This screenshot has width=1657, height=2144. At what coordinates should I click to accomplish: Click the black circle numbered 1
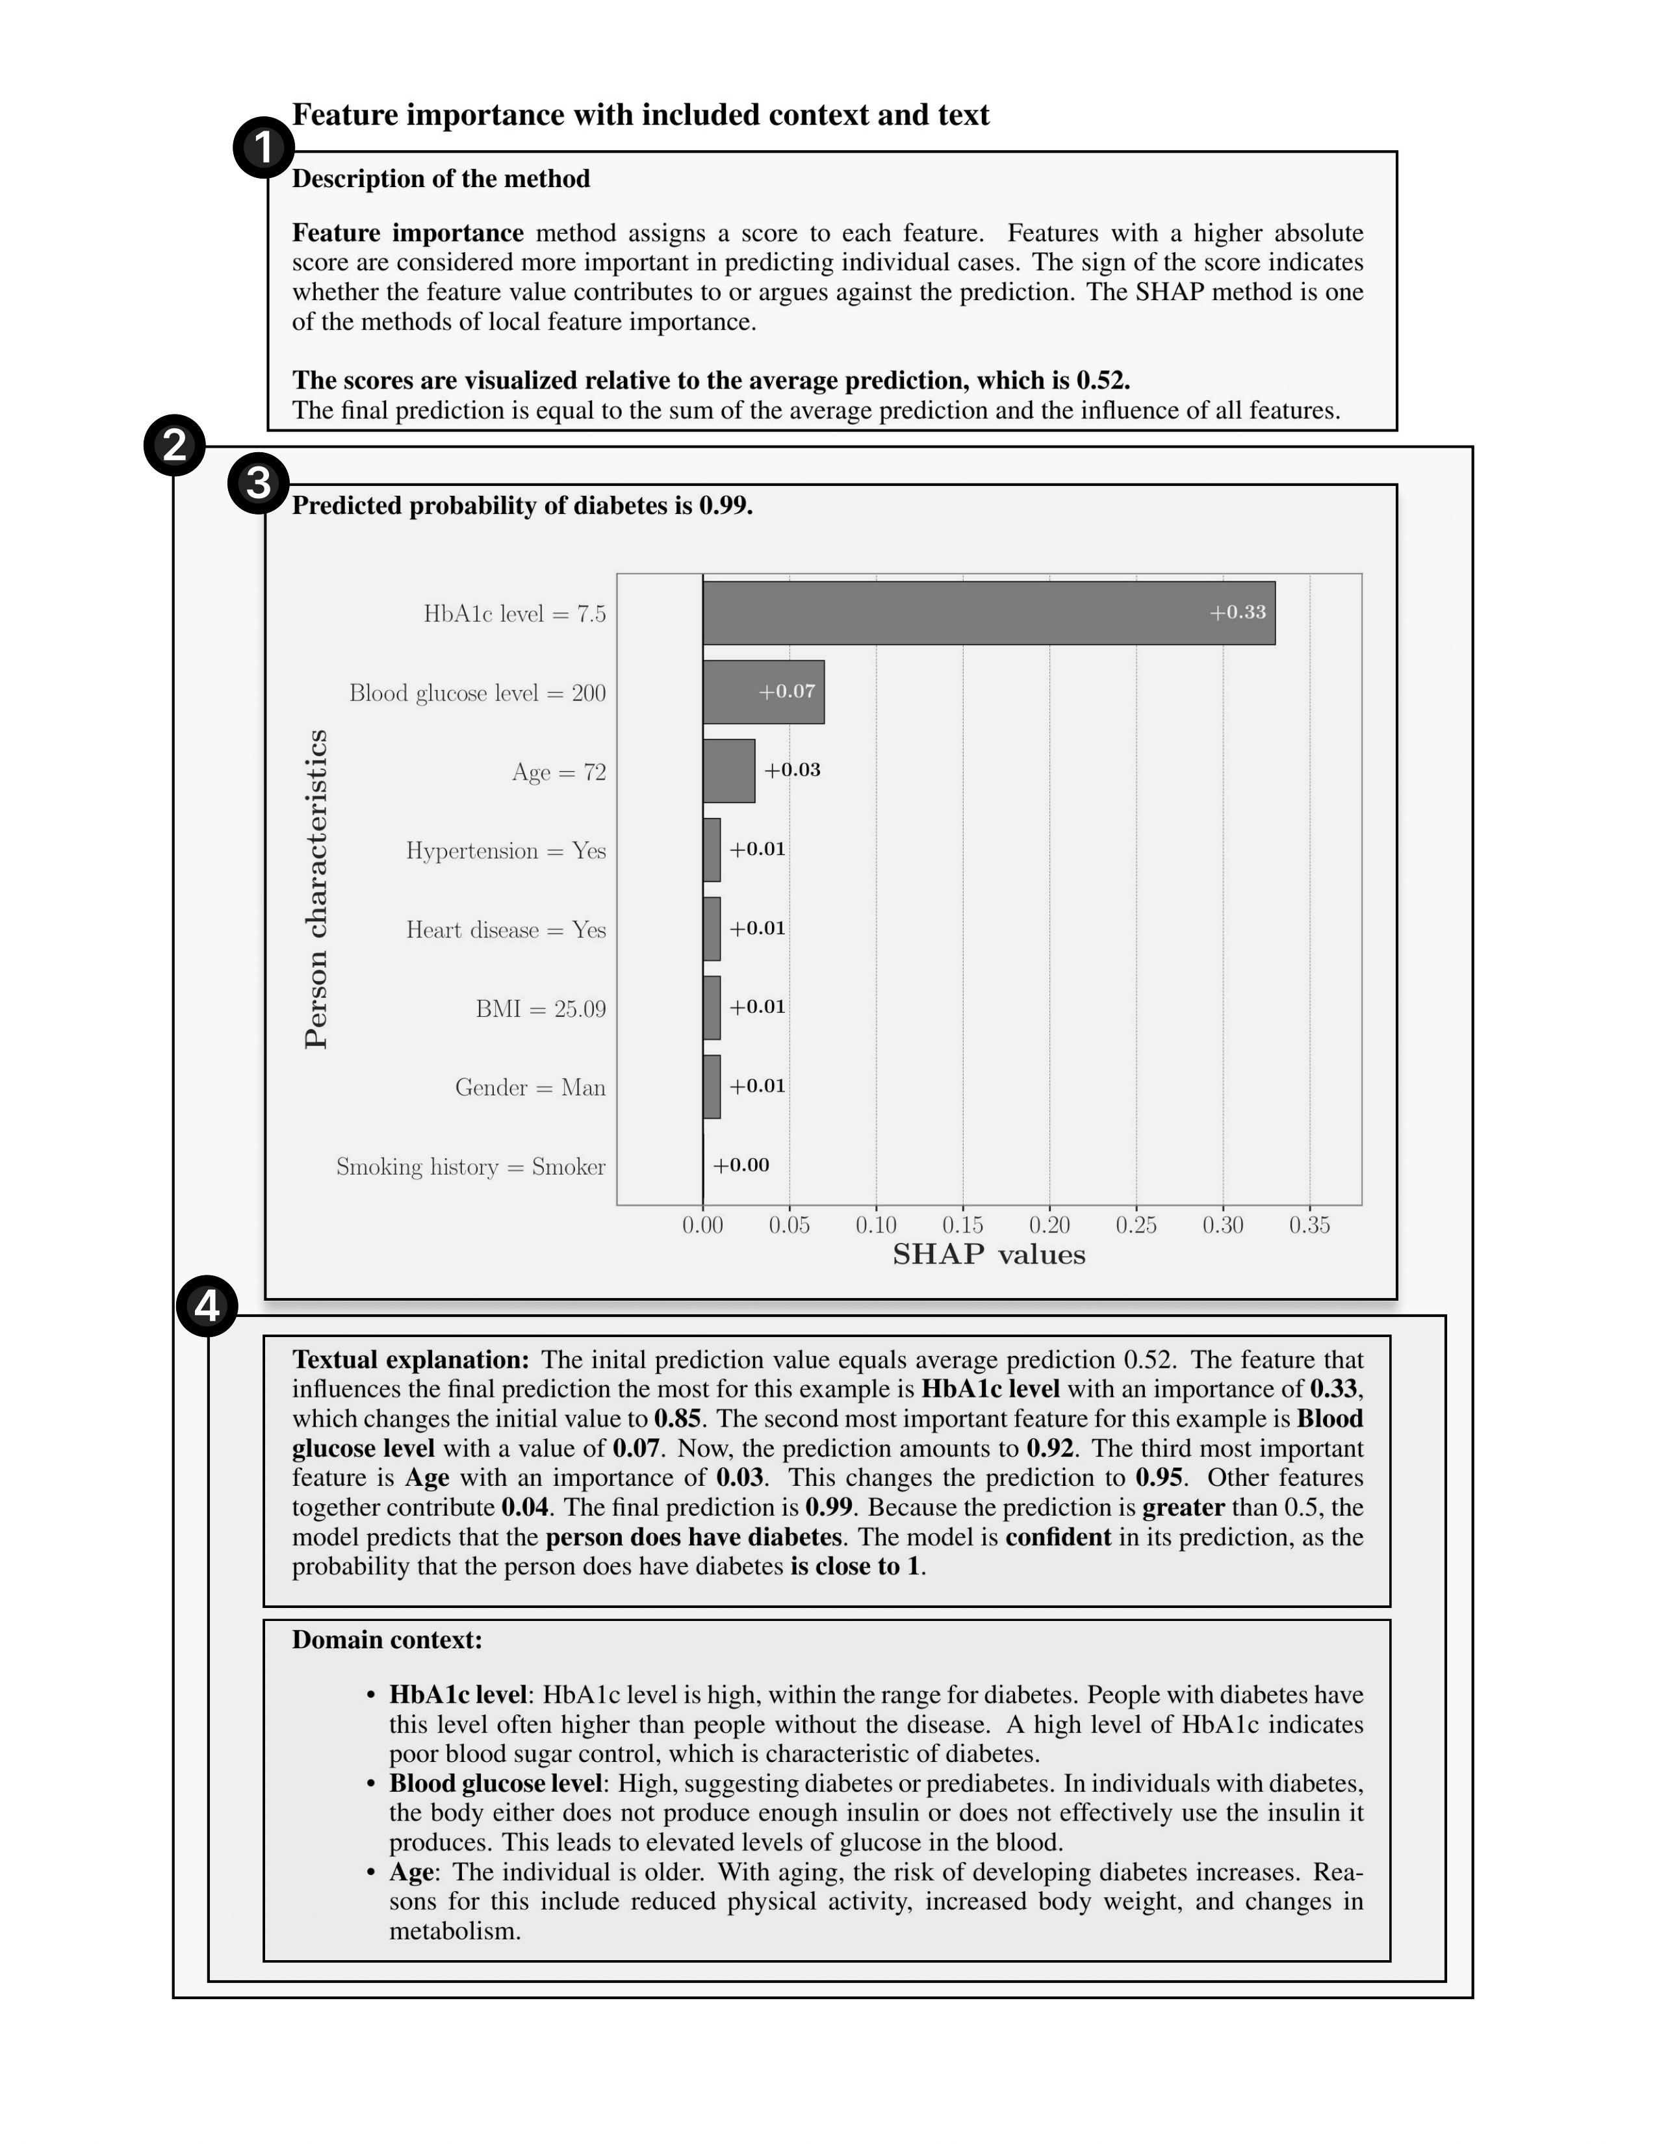point(263,148)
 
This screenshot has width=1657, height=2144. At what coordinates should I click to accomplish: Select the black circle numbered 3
point(258,483)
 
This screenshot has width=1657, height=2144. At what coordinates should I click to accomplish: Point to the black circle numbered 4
point(207,1307)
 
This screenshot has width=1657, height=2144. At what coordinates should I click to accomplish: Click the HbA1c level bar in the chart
point(988,613)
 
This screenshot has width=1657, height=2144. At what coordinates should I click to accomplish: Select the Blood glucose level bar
point(763,692)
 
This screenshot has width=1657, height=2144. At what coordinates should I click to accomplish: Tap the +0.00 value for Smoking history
point(741,1166)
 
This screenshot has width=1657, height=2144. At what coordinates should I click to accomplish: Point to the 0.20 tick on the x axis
point(1049,1225)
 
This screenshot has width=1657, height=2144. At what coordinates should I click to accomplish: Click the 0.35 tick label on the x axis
point(1309,1225)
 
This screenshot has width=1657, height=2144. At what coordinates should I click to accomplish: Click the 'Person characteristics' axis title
point(316,889)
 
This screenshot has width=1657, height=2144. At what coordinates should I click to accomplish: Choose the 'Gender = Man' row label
point(530,1088)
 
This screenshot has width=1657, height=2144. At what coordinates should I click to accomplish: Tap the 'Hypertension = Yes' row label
point(506,851)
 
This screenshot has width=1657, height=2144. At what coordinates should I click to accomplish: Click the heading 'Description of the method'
point(441,179)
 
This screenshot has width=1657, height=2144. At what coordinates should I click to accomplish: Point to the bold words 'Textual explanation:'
point(410,1360)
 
